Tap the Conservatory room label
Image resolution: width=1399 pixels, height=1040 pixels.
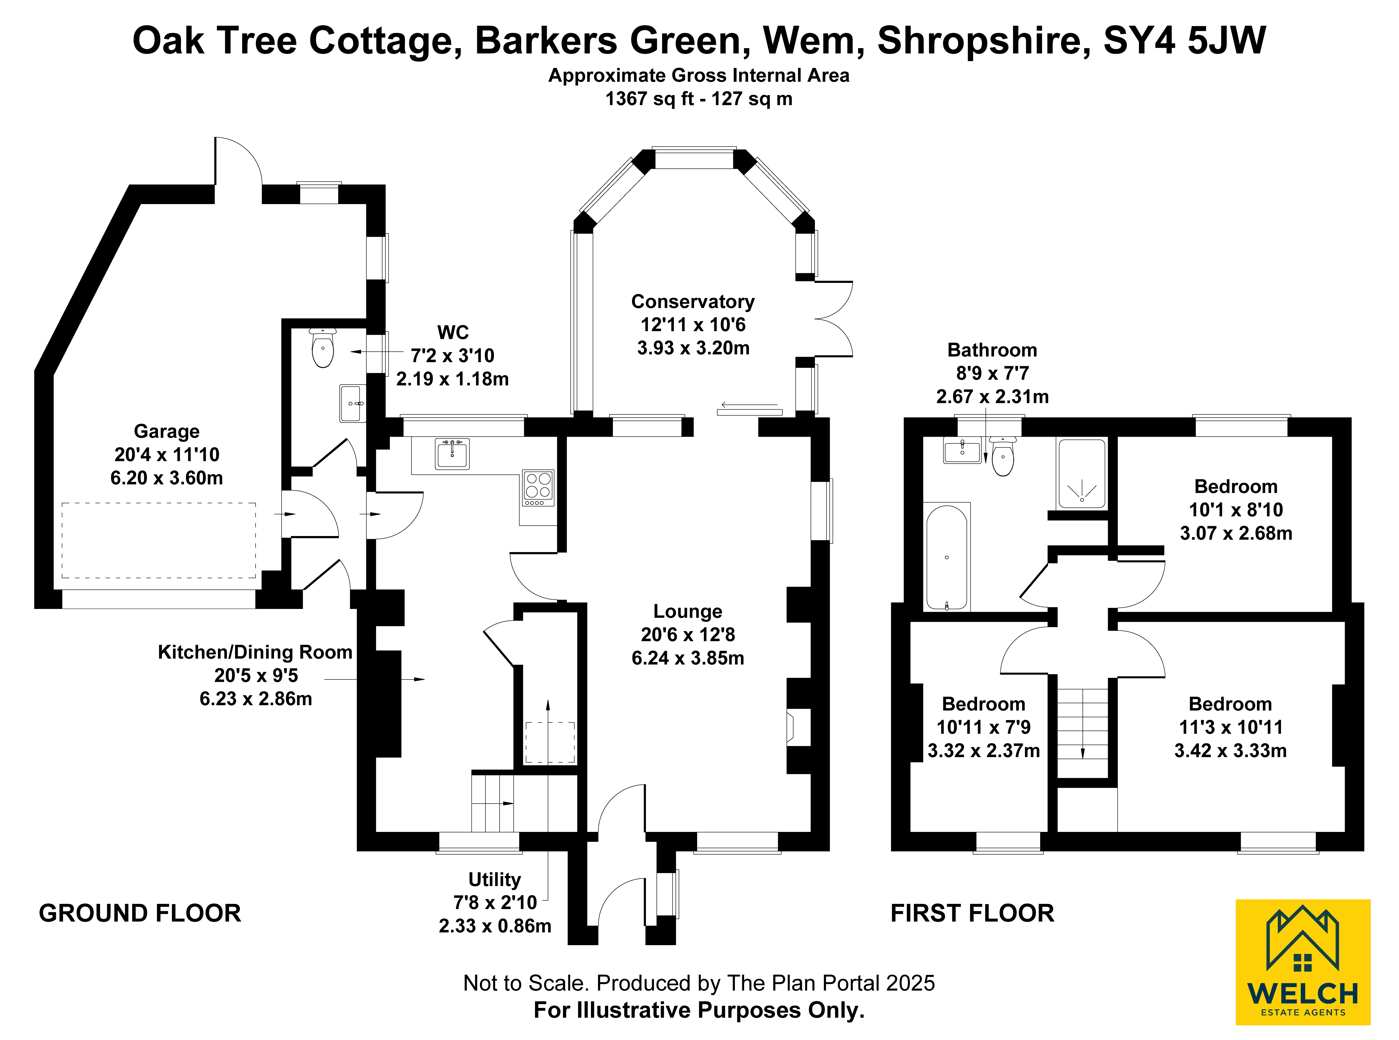click(x=693, y=302)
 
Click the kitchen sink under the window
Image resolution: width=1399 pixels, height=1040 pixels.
click(x=452, y=453)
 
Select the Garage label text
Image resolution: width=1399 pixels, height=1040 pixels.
click(x=167, y=431)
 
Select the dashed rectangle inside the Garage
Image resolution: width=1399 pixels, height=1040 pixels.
click(x=159, y=540)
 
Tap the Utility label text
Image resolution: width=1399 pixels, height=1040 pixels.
click(x=495, y=880)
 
